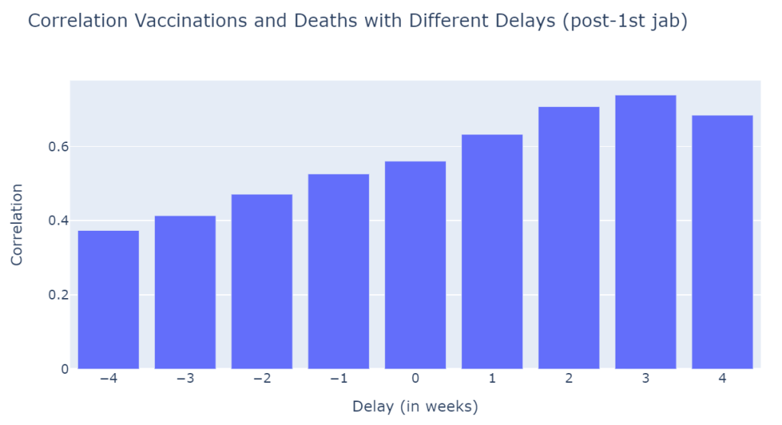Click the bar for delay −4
pos(108,300)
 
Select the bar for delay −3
pos(185,292)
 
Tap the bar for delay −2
pos(262,281)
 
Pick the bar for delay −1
pos(338,271)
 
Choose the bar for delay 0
pos(415,264)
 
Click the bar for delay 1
pos(492,251)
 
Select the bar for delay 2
pos(569,238)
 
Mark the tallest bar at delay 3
pos(645,232)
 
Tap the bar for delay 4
pos(722,242)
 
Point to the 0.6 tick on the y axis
pos(55,147)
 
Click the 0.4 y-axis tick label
pos(55,221)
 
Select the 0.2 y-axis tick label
pos(55,295)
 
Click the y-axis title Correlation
pos(18,224)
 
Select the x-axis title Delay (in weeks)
pos(415,406)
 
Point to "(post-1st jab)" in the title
pos(624,21)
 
